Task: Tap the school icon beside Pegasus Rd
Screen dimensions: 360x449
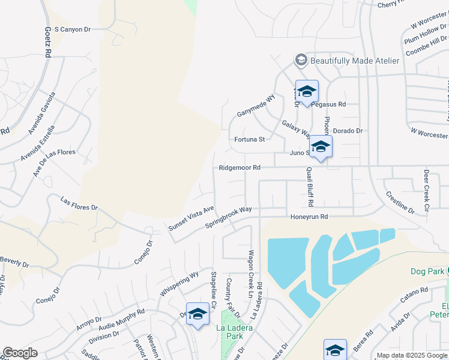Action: [x=307, y=92]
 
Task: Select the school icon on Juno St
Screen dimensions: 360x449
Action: [x=321, y=146]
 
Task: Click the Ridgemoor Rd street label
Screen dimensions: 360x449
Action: [x=240, y=168]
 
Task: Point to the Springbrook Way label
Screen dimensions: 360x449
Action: [x=228, y=218]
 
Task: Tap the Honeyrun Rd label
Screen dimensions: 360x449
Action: [x=309, y=217]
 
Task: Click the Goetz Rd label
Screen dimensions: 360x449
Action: [x=47, y=41]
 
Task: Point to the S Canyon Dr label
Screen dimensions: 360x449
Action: [x=72, y=29]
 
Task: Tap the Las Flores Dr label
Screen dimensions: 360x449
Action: [x=79, y=203]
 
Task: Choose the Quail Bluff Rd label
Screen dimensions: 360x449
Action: [x=310, y=186]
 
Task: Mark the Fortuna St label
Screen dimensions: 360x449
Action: [x=249, y=140]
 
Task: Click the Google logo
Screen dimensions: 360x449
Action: [x=20, y=353]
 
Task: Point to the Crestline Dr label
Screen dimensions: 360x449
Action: [x=400, y=203]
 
